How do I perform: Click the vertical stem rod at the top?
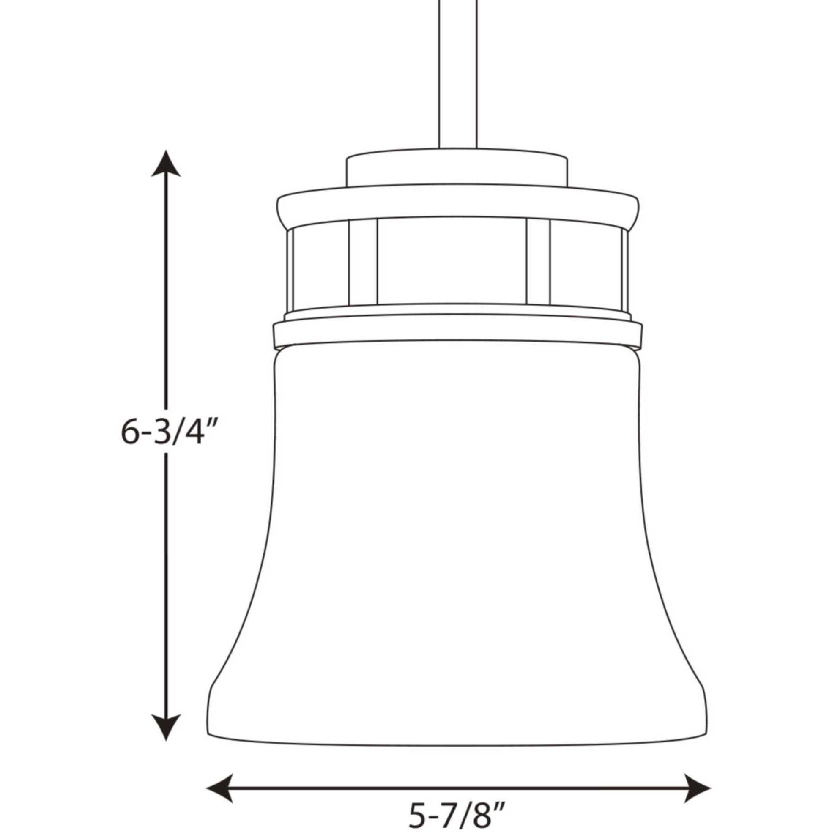point(457,73)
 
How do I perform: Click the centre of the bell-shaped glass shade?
point(457,538)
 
